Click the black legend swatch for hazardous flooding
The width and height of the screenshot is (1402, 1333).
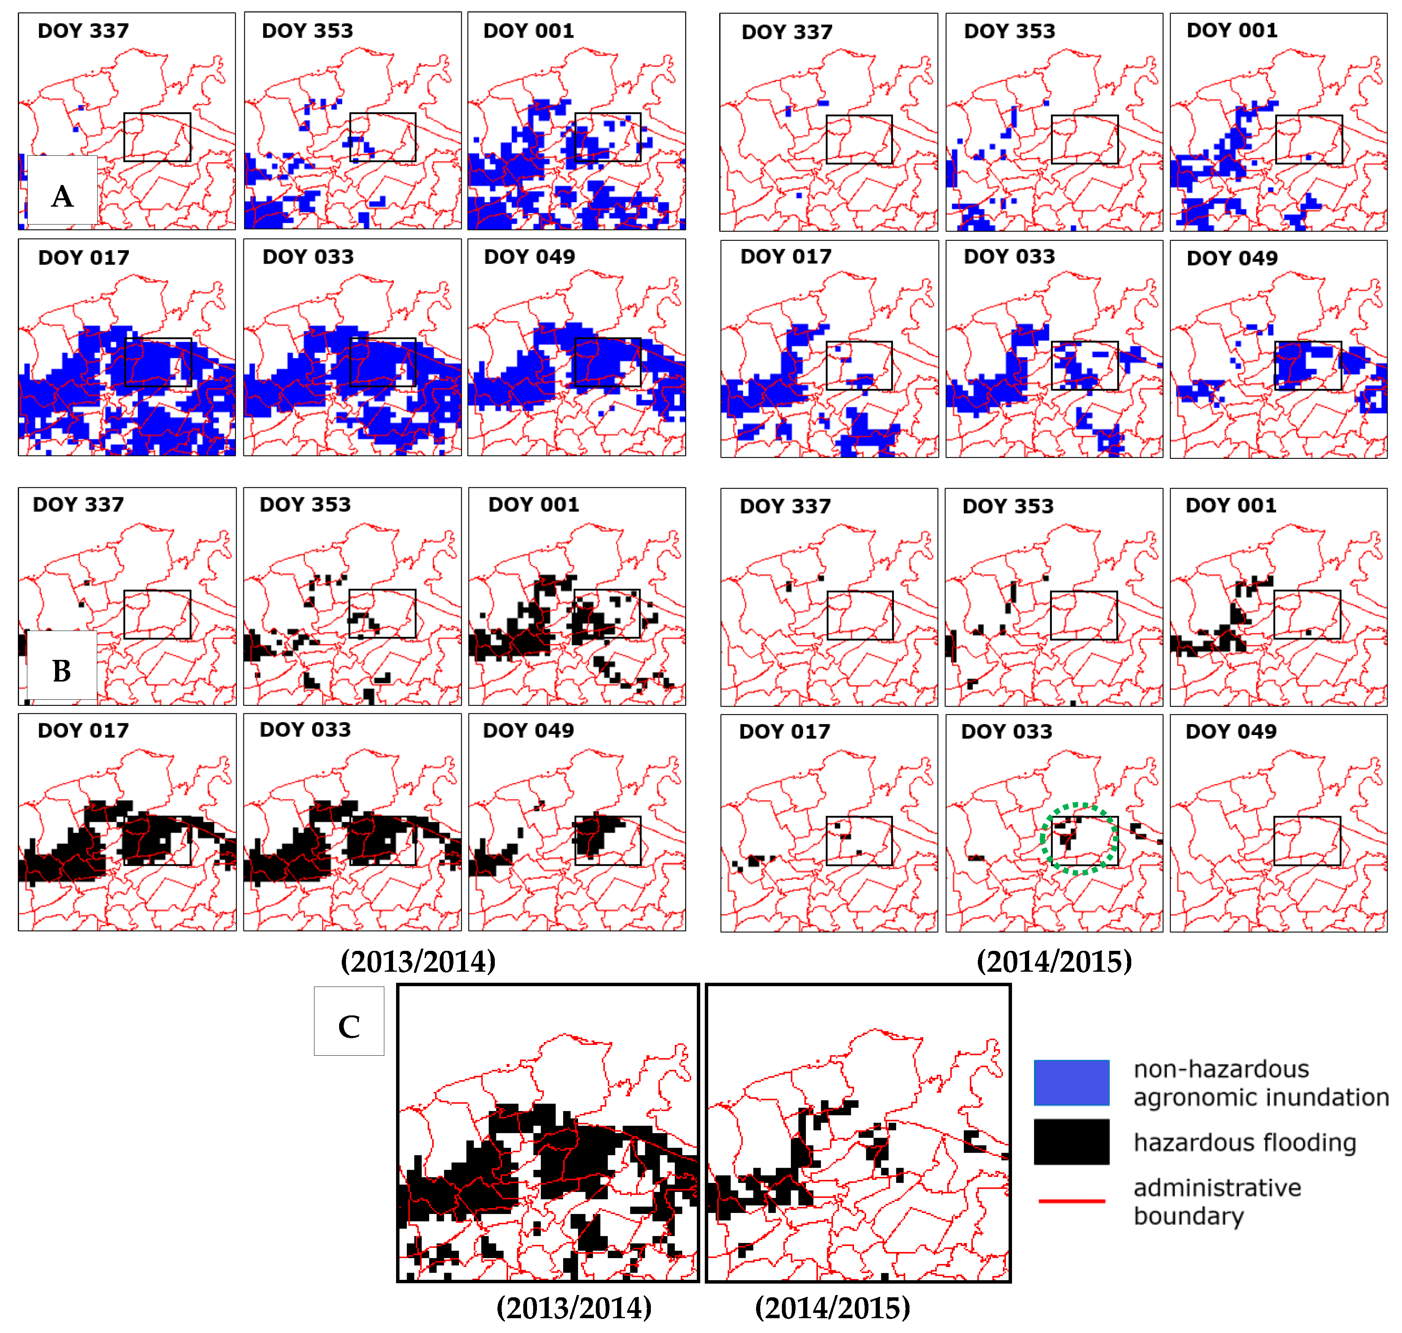1071,1142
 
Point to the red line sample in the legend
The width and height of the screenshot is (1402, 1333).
1071,1201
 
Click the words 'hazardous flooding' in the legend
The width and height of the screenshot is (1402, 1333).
1244,1143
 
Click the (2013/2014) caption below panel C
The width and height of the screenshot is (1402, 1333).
574,1308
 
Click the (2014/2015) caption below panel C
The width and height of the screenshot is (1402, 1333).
832,1308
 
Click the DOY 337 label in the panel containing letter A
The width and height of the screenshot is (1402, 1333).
83,30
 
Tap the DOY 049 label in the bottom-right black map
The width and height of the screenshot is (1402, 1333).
1231,731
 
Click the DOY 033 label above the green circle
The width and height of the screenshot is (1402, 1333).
1006,731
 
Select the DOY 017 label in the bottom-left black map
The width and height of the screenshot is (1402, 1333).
83,731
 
